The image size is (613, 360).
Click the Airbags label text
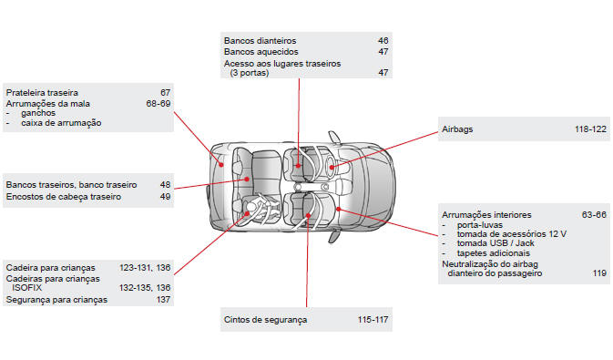click(457, 129)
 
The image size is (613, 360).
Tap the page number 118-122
click(590, 129)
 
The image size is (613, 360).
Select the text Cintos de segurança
click(265, 320)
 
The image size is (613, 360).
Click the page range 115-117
click(373, 320)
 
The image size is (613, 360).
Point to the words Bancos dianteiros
click(260, 41)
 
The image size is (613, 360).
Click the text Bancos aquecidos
click(261, 52)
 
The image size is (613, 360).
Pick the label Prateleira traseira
click(42, 93)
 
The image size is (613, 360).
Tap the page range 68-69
click(158, 104)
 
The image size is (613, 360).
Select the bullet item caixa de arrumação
click(61, 123)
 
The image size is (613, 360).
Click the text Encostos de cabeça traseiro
click(64, 197)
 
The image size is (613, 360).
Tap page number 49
click(166, 197)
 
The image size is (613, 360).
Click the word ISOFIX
click(26, 288)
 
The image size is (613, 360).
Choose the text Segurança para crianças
click(56, 300)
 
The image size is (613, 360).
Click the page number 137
click(163, 300)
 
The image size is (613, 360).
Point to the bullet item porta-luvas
click(480, 225)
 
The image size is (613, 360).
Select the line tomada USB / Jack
click(496, 243)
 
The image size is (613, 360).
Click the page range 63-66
click(594, 215)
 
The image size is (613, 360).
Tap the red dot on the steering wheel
click(332, 167)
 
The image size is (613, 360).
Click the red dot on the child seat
click(247, 213)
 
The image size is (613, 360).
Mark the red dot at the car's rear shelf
click(221, 165)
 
